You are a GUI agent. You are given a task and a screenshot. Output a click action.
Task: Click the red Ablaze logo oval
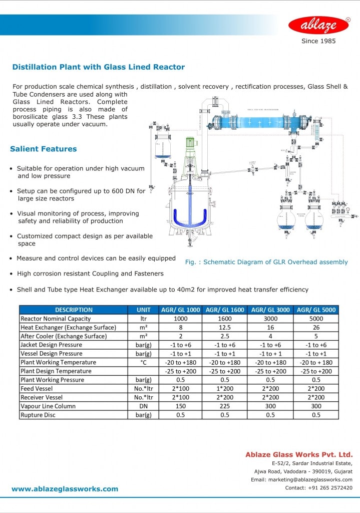pyautogui.click(x=318, y=25)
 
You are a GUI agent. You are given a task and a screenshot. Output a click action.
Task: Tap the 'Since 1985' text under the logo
pyautogui.click(x=318, y=41)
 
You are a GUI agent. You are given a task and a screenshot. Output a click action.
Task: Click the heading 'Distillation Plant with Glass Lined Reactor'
pyautogui.click(x=98, y=67)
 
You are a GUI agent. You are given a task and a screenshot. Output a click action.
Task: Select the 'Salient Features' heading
pyautogui.click(x=44, y=149)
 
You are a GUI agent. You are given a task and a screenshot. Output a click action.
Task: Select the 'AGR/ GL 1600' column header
pyautogui.click(x=224, y=310)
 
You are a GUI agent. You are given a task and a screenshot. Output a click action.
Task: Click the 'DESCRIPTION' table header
pyautogui.click(x=74, y=310)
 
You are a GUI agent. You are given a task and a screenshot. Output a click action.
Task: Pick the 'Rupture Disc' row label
pyautogui.click(x=38, y=415)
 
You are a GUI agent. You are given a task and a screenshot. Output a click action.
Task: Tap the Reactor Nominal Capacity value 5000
pyautogui.click(x=316, y=319)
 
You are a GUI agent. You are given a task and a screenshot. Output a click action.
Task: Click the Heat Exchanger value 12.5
pyautogui.click(x=224, y=327)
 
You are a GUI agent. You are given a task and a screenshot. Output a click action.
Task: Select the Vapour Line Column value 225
pyautogui.click(x=224, y=406)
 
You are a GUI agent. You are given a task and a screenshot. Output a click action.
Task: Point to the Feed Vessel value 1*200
pyautogui.click(x=224, y=389)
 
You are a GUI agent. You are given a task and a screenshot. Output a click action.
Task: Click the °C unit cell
pyautogui.click(x=143, y=362)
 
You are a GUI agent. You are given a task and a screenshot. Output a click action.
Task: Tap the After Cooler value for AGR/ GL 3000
pyautogui.click(x=270, y=336)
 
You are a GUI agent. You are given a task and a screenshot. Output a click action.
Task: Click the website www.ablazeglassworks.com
pyautogui.click(x=65, y=489)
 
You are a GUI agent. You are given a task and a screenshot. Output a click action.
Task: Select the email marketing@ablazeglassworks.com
pyautogui.click(x=301, y=479)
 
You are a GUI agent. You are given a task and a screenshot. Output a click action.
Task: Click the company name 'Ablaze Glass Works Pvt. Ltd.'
pyautogui.click(x=299, y=454)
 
